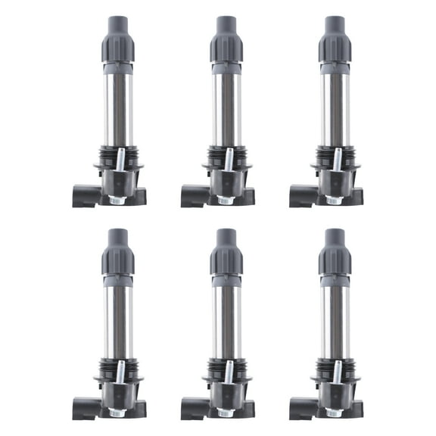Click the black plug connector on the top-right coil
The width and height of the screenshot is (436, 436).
tap(298, 195)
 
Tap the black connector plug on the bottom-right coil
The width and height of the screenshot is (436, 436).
tap(298, 410)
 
